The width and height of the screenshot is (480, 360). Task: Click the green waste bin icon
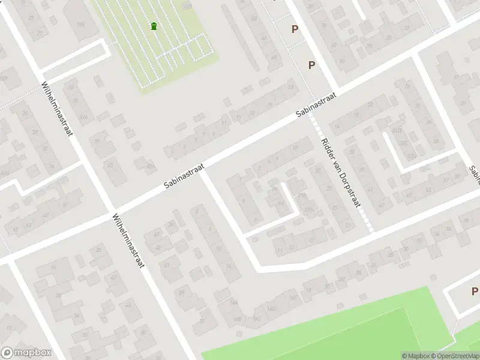[155, 26]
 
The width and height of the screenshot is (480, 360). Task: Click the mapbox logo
[26, 353]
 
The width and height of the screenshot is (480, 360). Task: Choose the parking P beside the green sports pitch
[474, 292]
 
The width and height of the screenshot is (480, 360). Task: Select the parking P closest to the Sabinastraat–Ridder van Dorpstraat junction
[311, 65]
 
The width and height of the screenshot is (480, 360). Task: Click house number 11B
[81, 24]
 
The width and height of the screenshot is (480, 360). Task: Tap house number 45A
[152, 166]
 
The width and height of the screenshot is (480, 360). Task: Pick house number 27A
[309, 209]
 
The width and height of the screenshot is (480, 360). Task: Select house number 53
[428, 190]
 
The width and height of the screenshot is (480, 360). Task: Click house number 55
[181, 293]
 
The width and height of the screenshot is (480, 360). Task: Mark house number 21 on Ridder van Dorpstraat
[347, 225]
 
